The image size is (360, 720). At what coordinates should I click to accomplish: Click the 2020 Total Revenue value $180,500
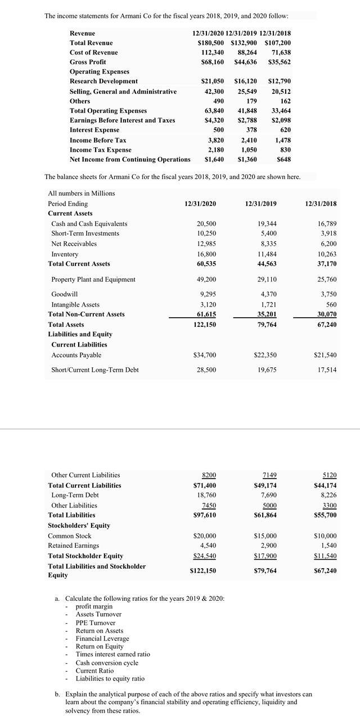click(210, 43)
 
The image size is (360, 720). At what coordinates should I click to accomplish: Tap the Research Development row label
click(103, 82)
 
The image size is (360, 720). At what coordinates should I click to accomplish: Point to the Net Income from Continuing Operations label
click(130, 159)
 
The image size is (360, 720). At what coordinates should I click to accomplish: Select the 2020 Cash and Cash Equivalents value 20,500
click(204, 224)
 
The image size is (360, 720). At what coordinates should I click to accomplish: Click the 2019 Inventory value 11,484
click(267, 254)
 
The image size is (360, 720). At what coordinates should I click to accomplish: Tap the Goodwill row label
click(64, 294)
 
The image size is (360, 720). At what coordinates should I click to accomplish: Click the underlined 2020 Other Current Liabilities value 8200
click(208, 475)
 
